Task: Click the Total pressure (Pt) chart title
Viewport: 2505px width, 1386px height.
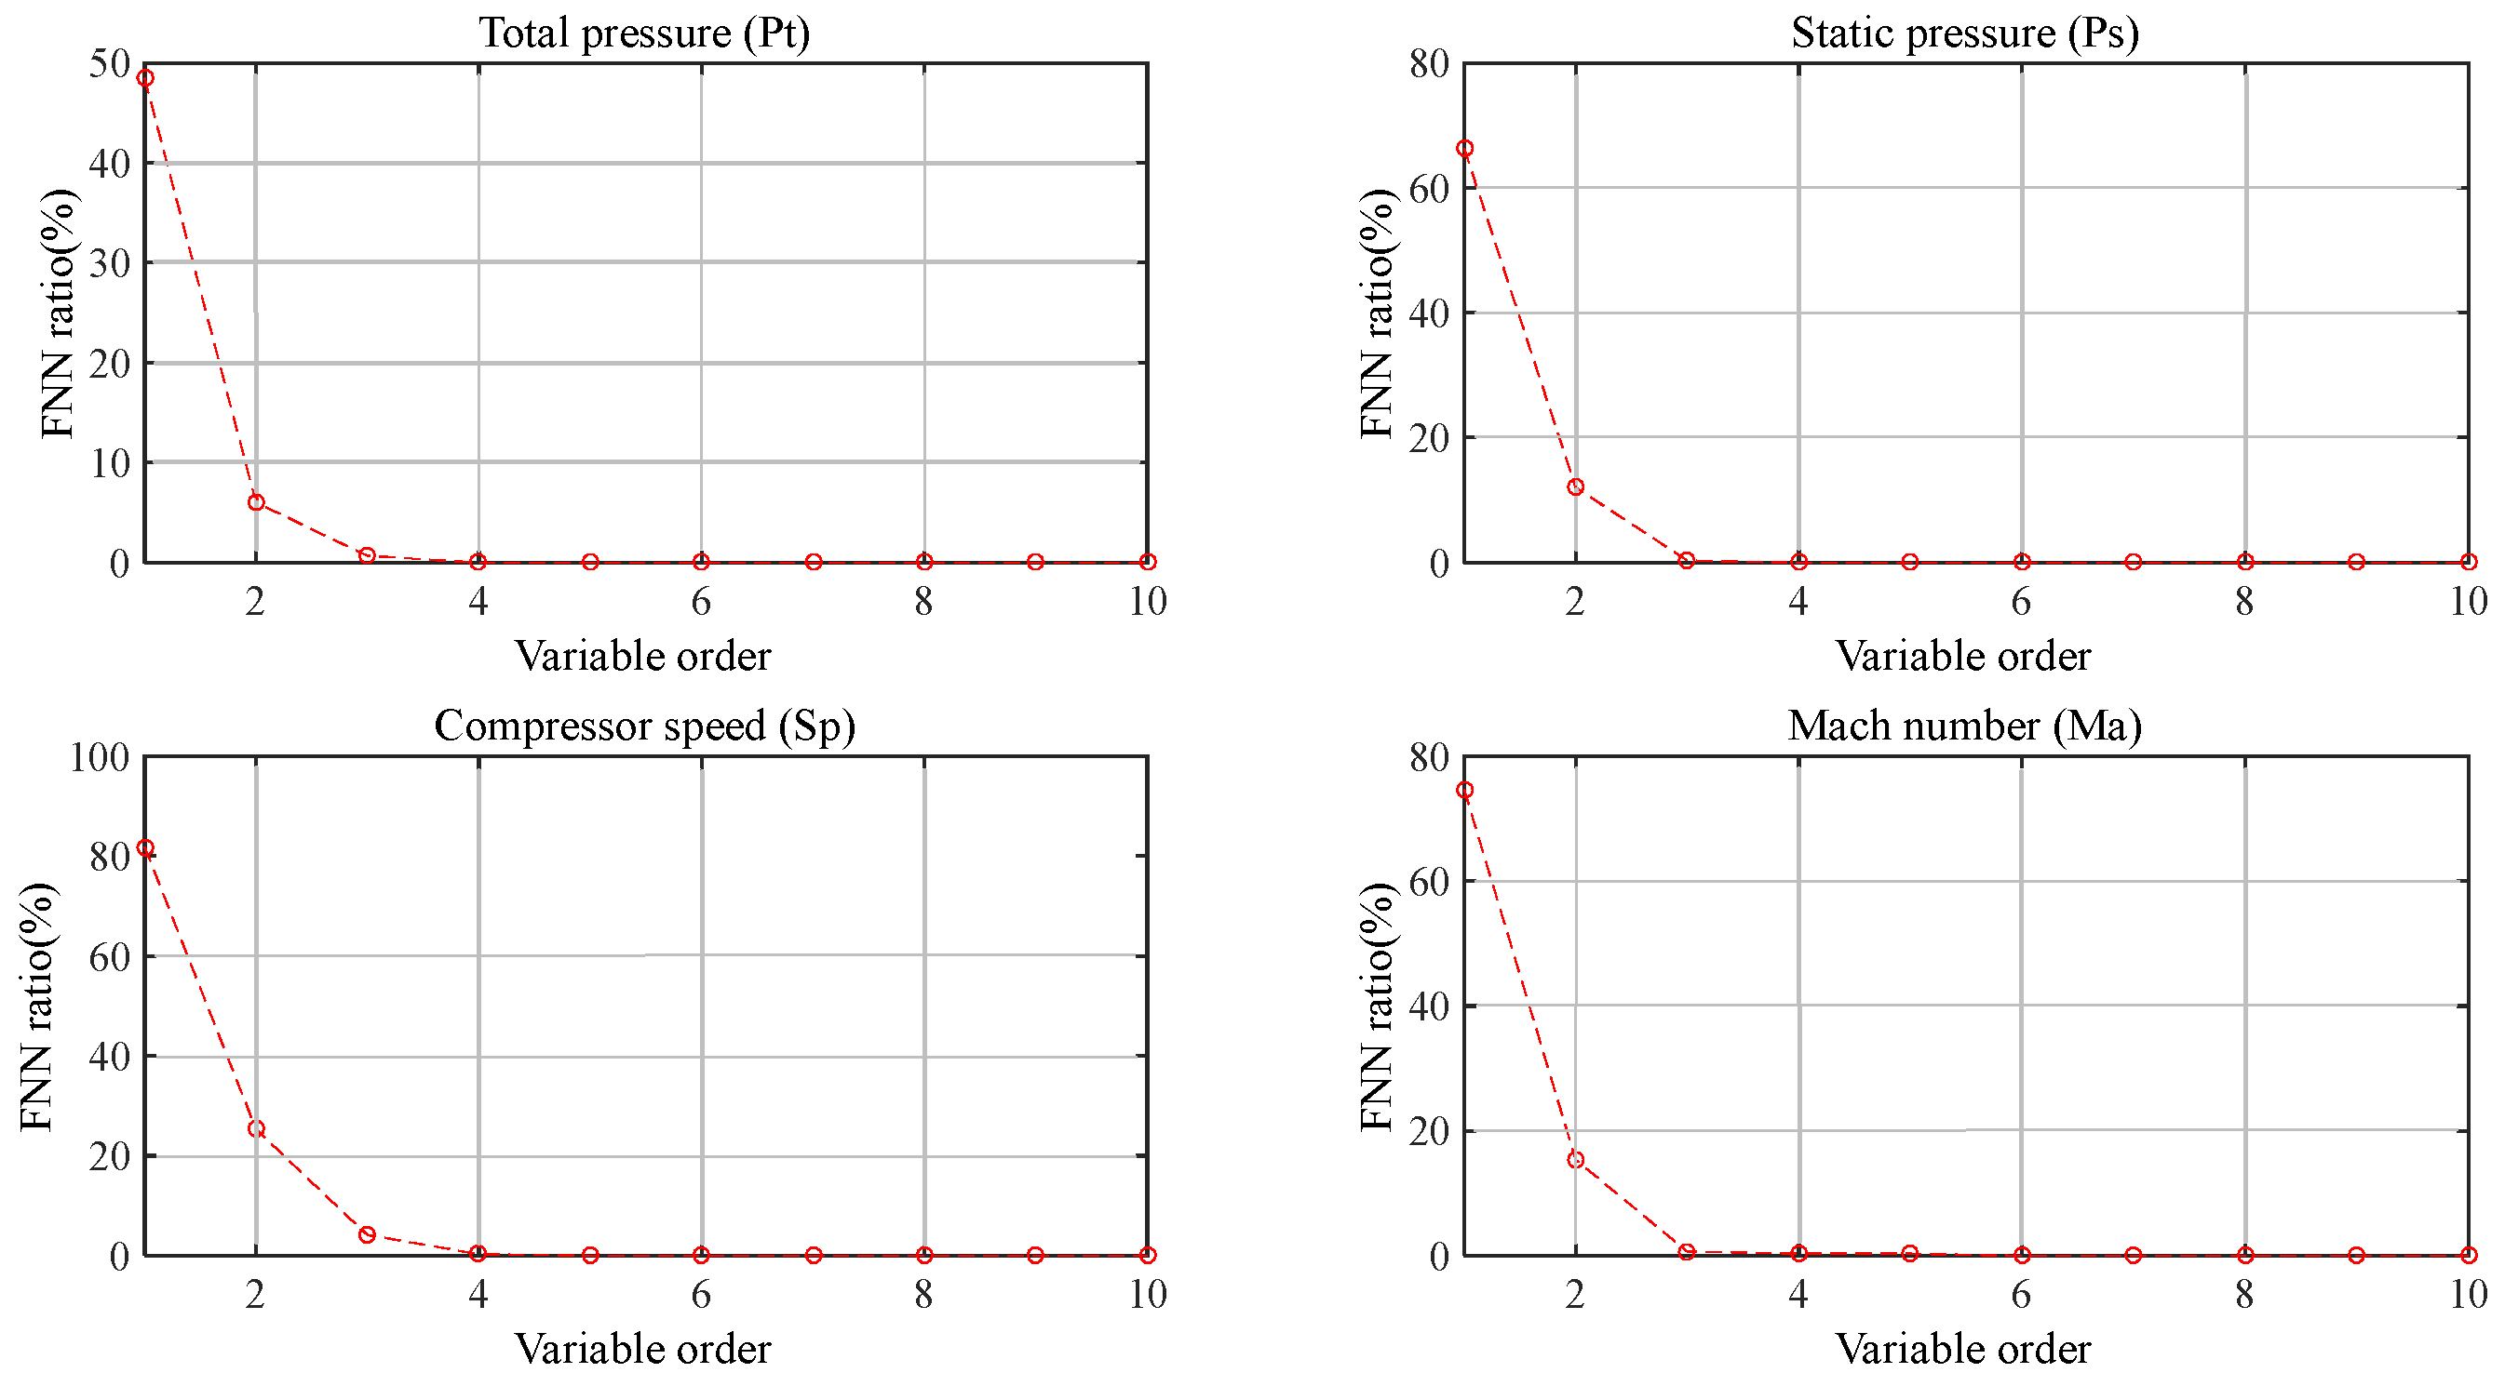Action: click(644, 33)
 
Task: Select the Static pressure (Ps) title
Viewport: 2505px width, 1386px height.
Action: click(1964, 33)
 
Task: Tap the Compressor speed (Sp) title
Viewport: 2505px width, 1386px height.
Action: click(644, 726)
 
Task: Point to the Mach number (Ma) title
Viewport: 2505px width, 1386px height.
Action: click(1964, 726)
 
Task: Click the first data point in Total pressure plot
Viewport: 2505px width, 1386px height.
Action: click(145, 78)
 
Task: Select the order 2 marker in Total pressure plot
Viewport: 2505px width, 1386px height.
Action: click(256, 502)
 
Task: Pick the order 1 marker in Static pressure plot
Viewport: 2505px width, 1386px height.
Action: click(1464, 149)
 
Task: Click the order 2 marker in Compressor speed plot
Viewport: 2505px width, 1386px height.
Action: click(256, 1129)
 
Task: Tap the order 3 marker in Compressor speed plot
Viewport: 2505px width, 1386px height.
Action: click(367, 1235)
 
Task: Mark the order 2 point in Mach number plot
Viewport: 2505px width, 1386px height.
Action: click(1575, 1161)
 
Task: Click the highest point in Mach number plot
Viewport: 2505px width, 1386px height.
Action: click(1464, 790)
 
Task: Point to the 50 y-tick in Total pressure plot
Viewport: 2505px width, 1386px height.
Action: click(109, 64)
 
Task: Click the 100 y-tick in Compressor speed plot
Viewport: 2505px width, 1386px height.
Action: click(100, 757)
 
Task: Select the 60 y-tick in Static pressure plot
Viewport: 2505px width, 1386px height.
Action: click(1429, 189)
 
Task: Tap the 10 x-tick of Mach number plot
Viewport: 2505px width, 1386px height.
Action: click(2467, 1295)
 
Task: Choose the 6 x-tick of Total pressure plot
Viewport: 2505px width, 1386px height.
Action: click(701, 602)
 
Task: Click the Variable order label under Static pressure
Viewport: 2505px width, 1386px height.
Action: click(1962, 656)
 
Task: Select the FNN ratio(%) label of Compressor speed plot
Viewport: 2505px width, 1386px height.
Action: click(37, 1006)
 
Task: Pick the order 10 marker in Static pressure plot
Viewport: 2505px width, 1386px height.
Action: click(2468, 562)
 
